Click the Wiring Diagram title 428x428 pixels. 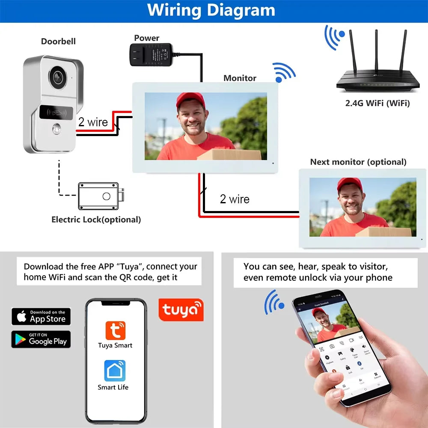(x=211, y=10)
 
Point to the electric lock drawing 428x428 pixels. (x=101, y=196)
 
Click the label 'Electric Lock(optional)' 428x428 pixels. (x=96, y=220)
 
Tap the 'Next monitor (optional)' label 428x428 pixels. (x=358, y=162)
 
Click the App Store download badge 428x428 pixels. (x=41, y=316)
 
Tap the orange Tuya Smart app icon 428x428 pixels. (x=115, y=331)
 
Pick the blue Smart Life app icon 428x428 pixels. (x=115, y=371)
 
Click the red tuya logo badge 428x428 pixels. (x=181, y=310)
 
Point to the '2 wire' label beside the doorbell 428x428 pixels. (x=93, y=122)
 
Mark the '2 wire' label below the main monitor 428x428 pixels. (x=235, y=199)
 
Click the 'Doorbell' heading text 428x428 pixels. (x=58, y=42)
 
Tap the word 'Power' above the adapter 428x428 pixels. (x=147, y=38)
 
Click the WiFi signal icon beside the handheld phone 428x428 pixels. (x=274, y=302)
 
